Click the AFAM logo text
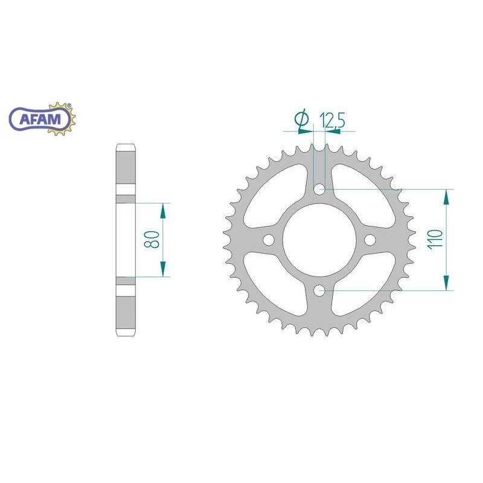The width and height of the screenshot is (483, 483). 40,118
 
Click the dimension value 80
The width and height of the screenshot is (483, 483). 152,239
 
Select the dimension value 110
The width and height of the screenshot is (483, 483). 435,239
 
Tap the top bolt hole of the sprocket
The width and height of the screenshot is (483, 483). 319,189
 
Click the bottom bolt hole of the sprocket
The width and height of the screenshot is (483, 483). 319,290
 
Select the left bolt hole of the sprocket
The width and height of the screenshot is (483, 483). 269,240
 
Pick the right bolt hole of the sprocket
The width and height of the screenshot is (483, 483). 370,240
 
